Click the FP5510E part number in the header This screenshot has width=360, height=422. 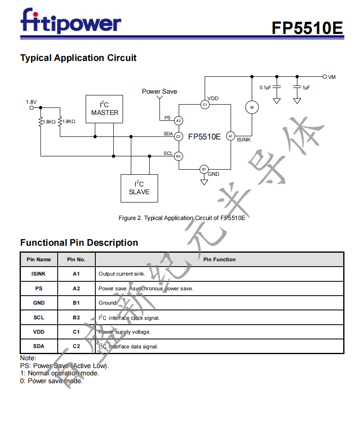pos(307,28)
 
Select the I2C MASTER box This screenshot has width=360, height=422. pos(105,109)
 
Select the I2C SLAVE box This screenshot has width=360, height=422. pos(139,188)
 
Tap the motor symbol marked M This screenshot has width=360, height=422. pos(252,108)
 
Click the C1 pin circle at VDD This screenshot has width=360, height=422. pos(205,105)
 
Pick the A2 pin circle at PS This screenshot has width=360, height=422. pos(178,121)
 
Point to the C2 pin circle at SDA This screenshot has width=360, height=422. pos(178,137)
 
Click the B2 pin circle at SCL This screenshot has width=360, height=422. pos(178,156)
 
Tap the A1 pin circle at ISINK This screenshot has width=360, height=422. pos(230,136)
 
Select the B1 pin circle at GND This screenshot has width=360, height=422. pos(204,169)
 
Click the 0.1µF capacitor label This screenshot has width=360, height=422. pos(265,88)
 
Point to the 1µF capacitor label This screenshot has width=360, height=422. pos(306,88)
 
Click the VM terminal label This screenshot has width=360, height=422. pos(332,77)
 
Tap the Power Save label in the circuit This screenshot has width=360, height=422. pos(160,91)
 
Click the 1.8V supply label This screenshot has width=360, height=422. pos(31,102)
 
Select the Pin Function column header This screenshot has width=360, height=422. pos(219,259)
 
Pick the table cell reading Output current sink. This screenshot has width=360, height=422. pos(122,274)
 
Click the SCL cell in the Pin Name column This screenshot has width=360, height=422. pos(39,317)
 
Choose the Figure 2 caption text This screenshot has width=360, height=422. pos(182,218)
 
